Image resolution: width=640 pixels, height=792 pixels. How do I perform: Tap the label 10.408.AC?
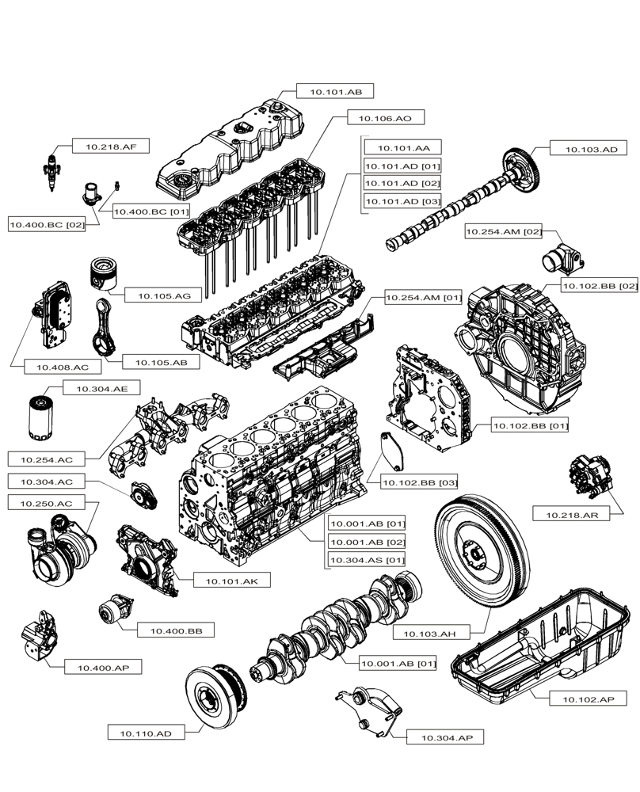click(x=54, y=367)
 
